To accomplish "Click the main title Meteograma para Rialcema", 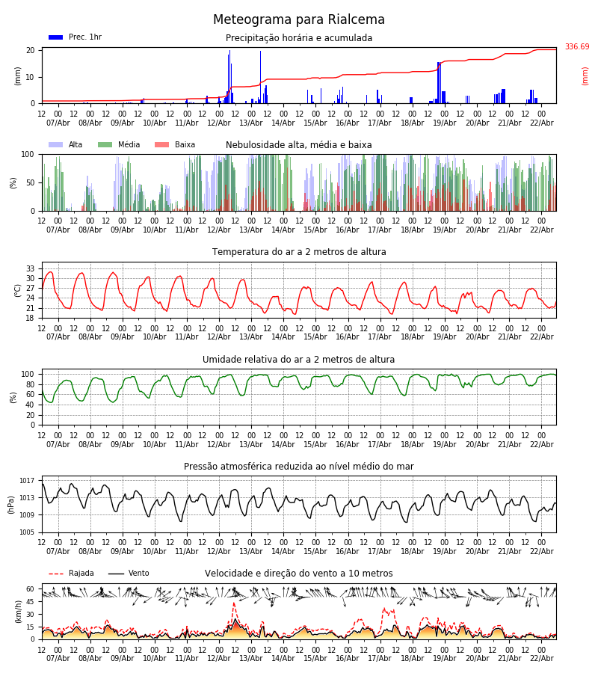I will click(299, 20).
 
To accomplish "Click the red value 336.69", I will click(576, 47).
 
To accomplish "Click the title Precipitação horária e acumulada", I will click(299, 38).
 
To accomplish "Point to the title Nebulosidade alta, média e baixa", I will click(299, 145).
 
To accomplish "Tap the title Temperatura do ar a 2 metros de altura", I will click(299, 252).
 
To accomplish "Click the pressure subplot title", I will click(299, 467).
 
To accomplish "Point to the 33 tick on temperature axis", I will click(31, 268).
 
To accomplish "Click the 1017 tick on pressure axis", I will click(28, 481).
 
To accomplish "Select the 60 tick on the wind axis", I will click(31, 589).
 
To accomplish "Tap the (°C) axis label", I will click(17, 289).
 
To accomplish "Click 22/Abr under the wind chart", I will click(541, 658).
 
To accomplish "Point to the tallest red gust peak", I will click(233, 603).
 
